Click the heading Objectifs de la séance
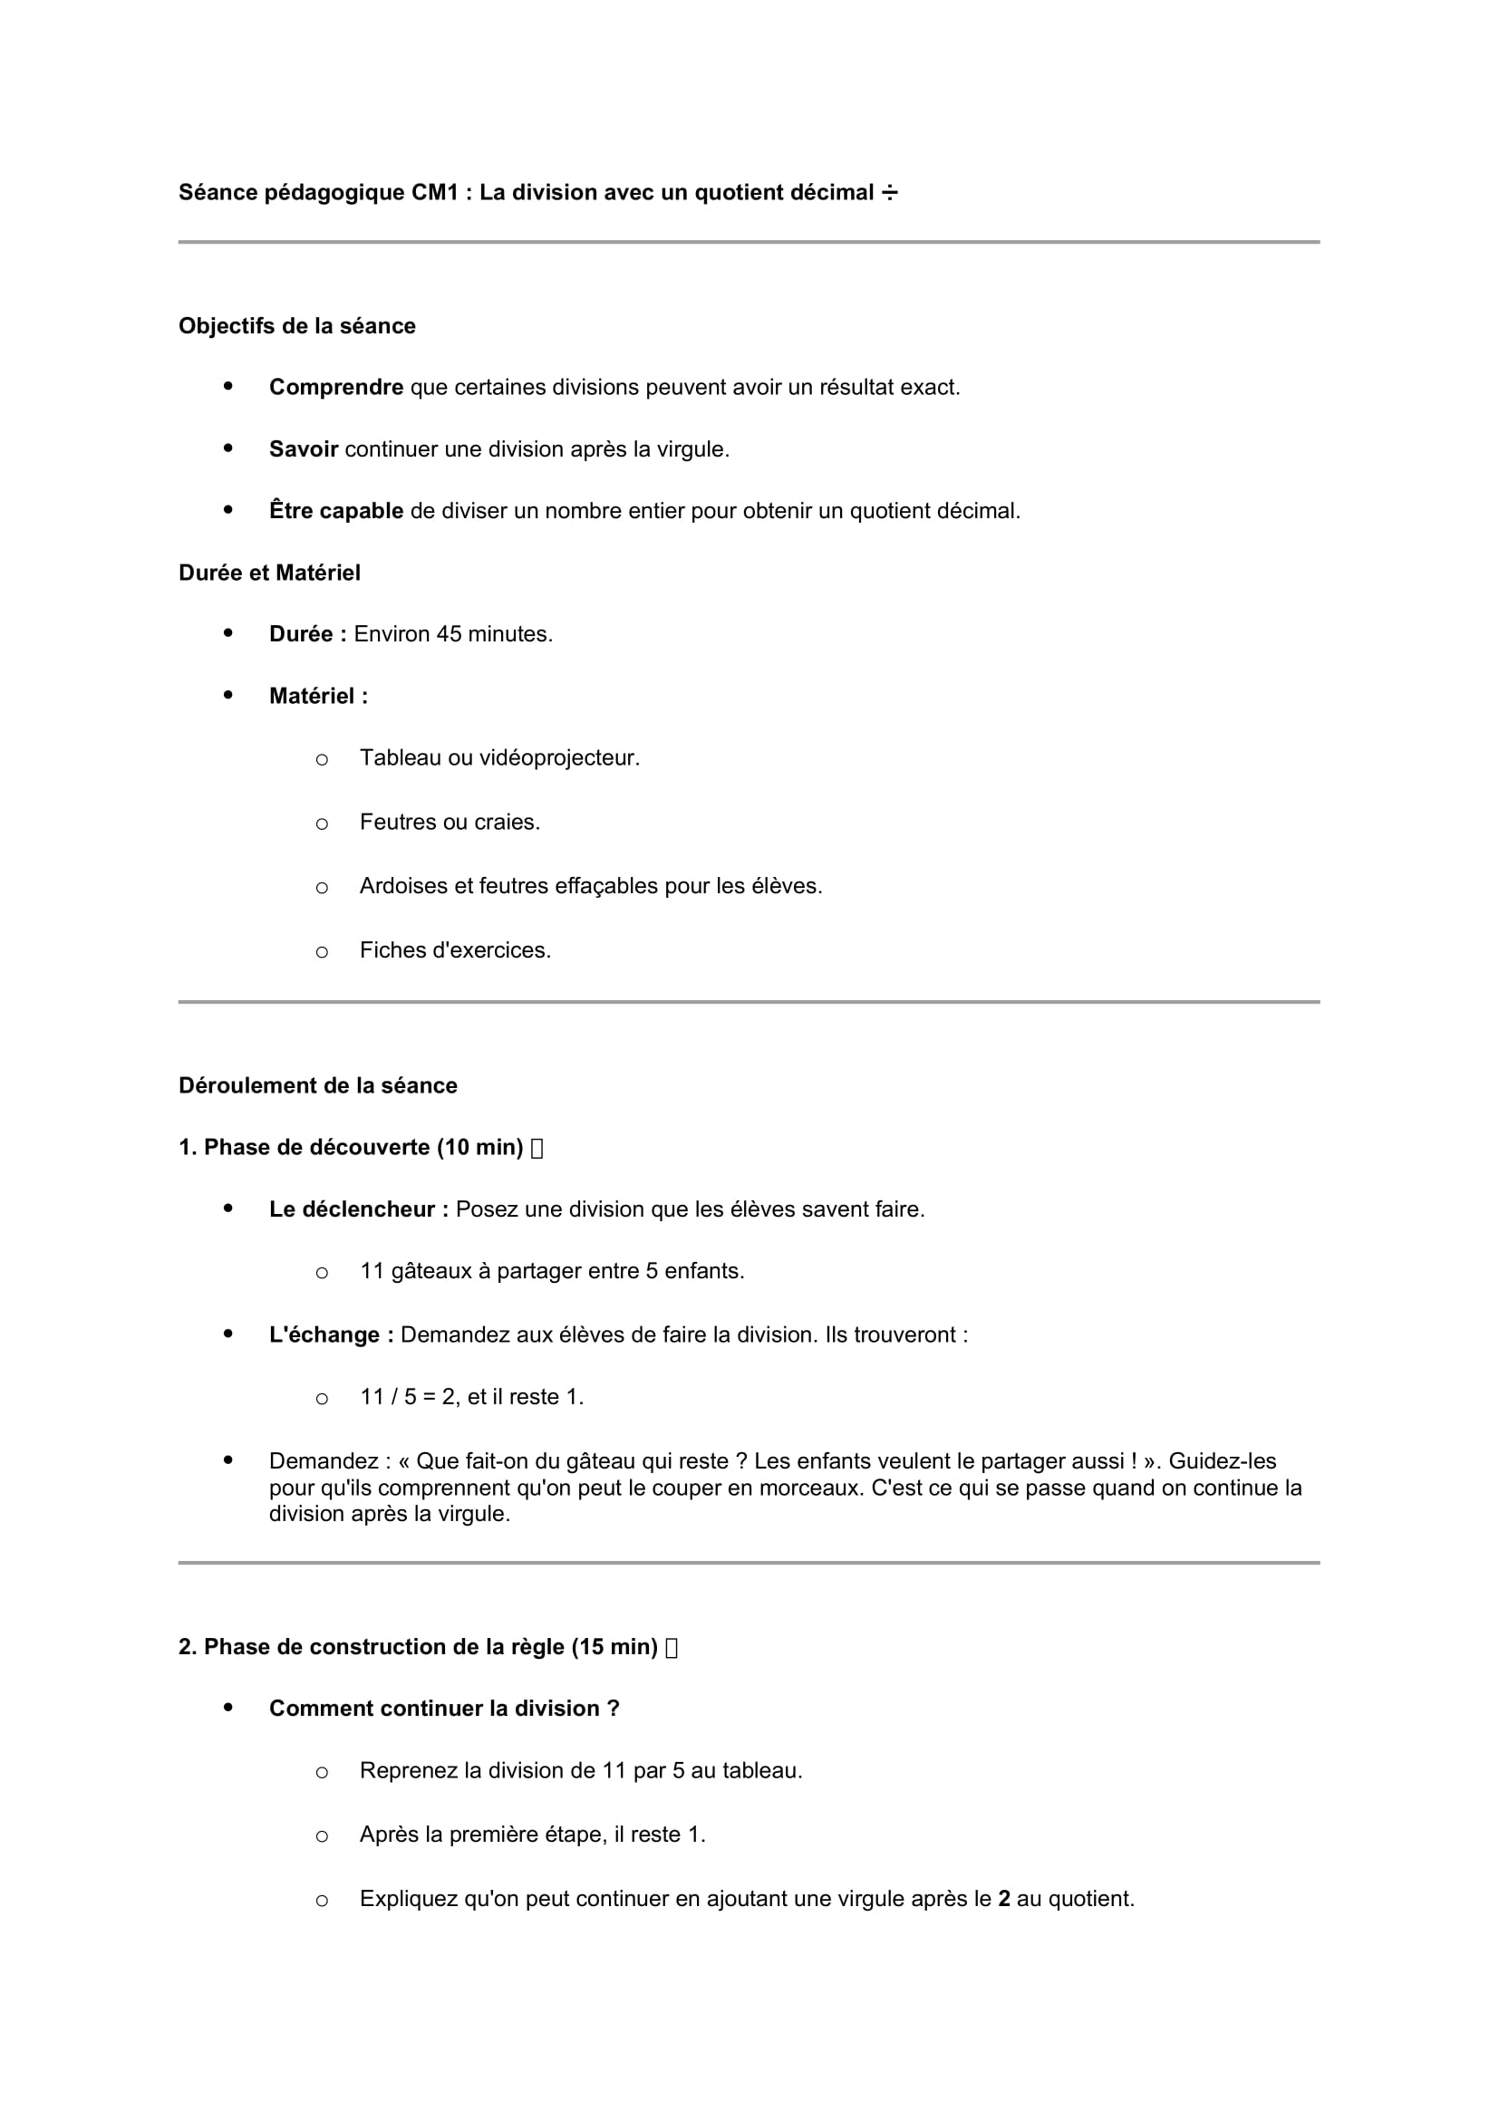pos(296,326)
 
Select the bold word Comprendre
pos(336,388)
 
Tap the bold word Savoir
pos(304,449)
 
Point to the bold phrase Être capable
pos(336,511)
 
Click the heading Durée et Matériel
pos(269,573)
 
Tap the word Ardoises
pos(401,887)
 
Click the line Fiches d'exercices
pos(455,950)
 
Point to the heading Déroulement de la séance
pos(317,1086)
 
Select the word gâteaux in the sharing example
pos(431,1272)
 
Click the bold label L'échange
pos(332,1335)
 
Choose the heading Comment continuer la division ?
pos(444,1710)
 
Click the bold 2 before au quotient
pos(1004,1900)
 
